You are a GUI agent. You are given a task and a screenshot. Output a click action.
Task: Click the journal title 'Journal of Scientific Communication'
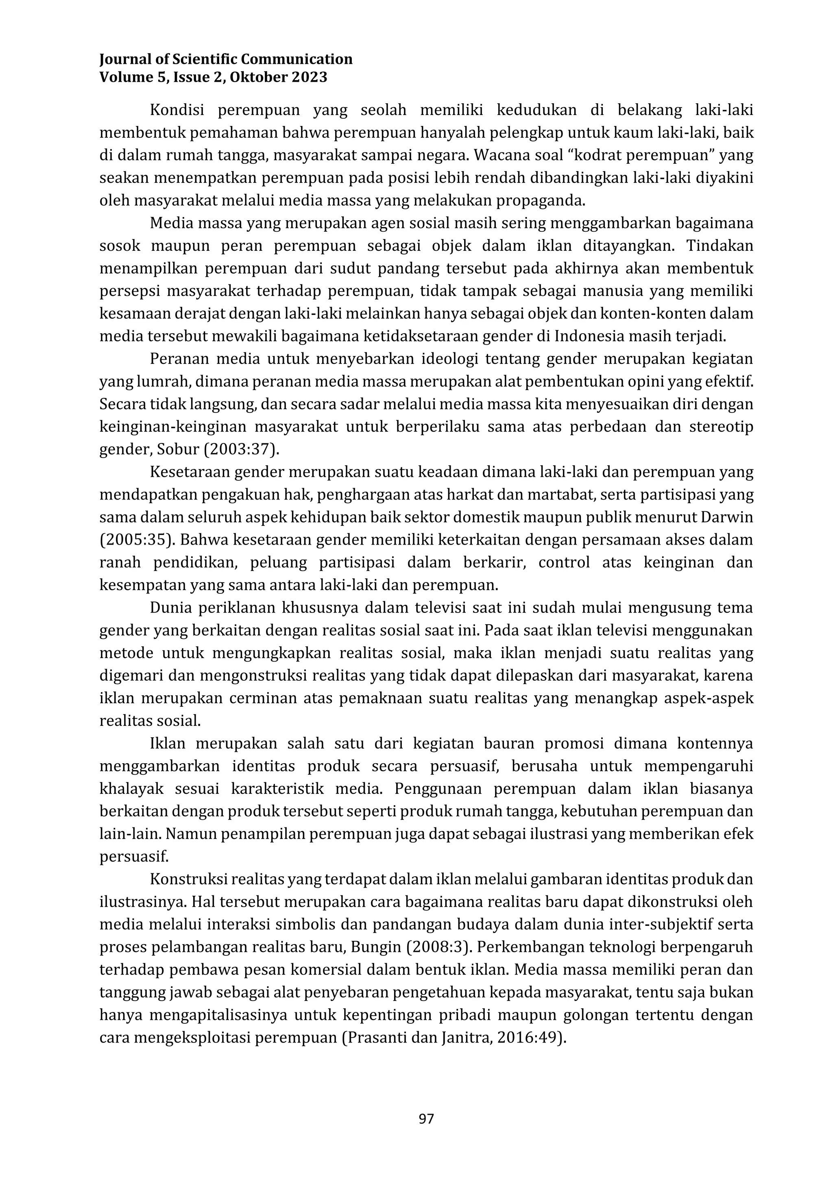[x=226, y=59]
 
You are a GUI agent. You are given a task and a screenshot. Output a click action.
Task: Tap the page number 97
[x=426, y=1119]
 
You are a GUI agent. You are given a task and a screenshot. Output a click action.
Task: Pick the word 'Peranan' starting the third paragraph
[x=177, y=359]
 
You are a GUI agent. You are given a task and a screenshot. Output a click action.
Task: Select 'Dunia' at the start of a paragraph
[x=169, y=608]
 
